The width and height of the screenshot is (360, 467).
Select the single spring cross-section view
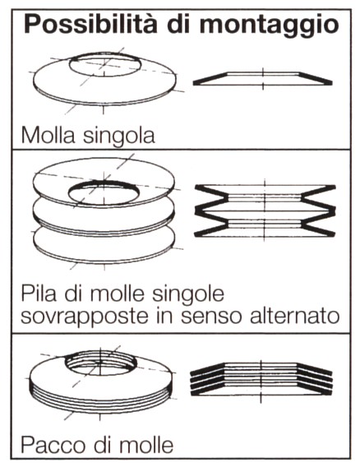(263, 77)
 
